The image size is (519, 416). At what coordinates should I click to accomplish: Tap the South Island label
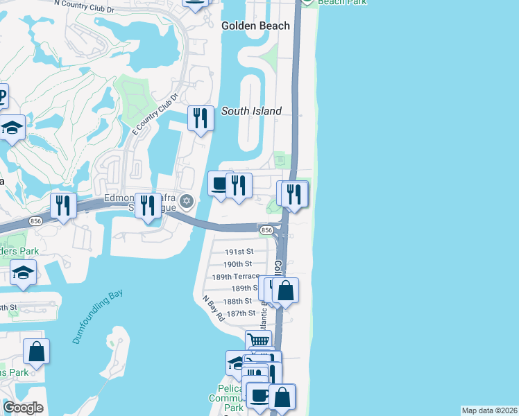[251, 111]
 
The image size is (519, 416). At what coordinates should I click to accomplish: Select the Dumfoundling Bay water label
[97, 316]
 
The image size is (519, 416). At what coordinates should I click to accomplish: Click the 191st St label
[239, 252]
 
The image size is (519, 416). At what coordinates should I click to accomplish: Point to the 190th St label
[237, 264]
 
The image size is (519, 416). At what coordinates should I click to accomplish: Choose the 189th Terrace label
[235, 276]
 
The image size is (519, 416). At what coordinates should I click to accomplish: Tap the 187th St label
[242, 313]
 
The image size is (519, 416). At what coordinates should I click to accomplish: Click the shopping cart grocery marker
[258, 340]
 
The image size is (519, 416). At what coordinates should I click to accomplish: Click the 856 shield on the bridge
[266, 229]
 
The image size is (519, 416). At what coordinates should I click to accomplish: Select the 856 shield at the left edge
[36, 220]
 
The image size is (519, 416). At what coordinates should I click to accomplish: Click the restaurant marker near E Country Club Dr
[201, 118]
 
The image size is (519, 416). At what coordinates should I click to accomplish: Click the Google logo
[24, 408]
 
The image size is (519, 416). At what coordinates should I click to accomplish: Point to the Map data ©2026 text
[490, 410]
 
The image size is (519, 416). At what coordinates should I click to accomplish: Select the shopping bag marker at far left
[36, 352]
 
